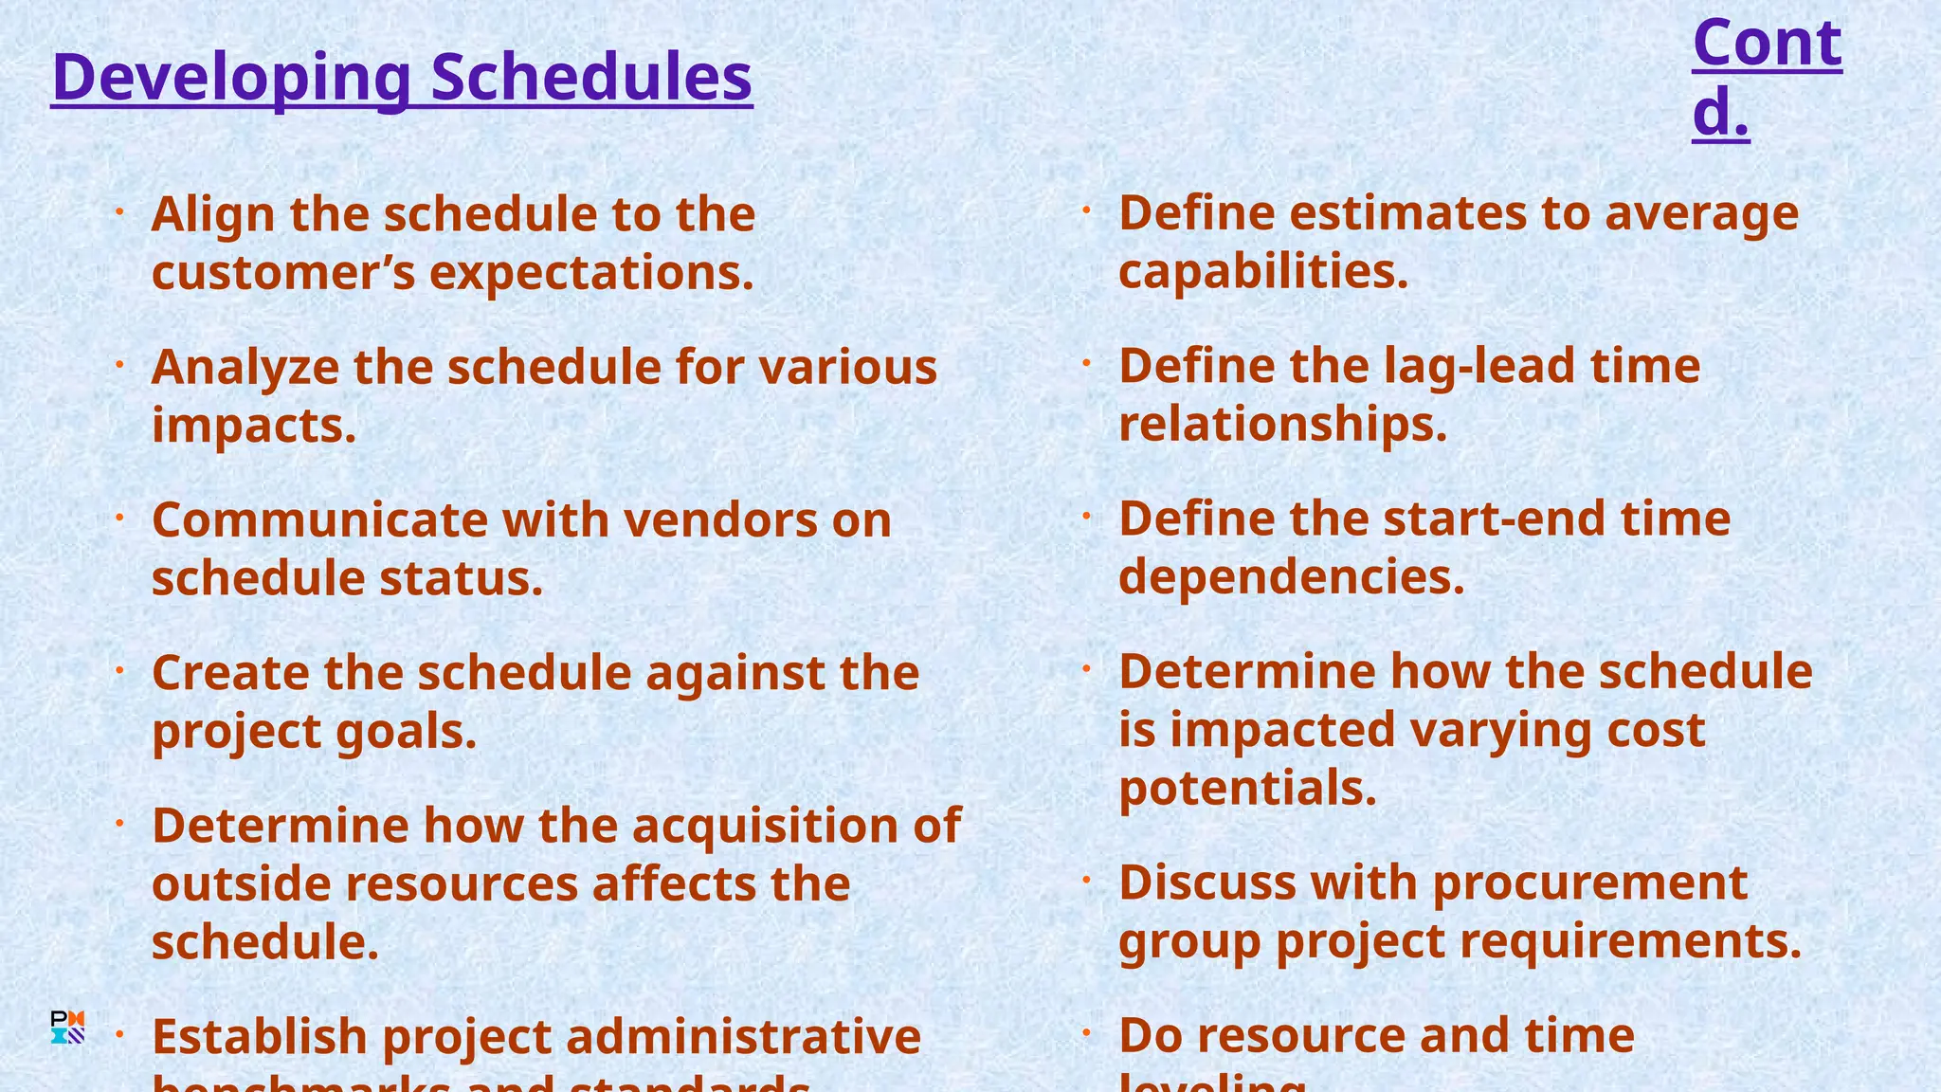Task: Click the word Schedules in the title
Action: [x=591, y=78]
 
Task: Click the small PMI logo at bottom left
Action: [x=67, y=1028]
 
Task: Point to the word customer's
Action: [x=283, y=273]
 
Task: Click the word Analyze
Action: [x=245, y=368]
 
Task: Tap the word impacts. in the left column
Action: [x=254, y=426]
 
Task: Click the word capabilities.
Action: [x=1263, y=272]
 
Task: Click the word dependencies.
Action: [x=1292, y=577]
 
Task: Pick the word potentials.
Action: [x=1247, y=789]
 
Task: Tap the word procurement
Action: [x=1589, y=883]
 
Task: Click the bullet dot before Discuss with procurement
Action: [x=1087, y=881]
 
